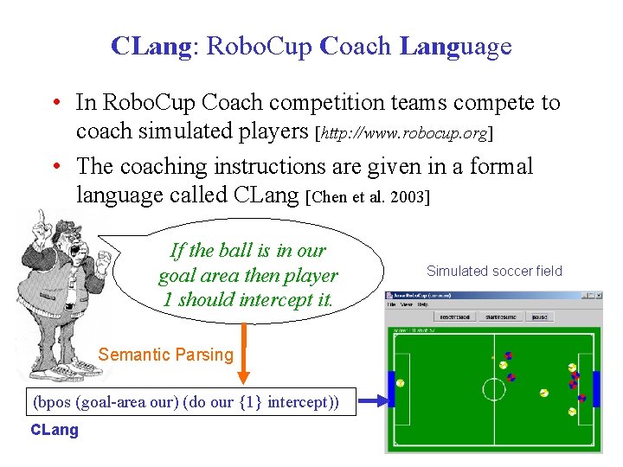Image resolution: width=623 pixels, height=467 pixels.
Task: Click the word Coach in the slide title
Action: point(356,46)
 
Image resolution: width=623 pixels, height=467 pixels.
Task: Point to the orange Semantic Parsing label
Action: point(166,354)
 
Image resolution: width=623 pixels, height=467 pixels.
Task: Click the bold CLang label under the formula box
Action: point(55,430)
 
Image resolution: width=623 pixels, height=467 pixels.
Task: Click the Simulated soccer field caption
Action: point(494,271)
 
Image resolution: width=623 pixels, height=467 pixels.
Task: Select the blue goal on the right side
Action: point(595,388)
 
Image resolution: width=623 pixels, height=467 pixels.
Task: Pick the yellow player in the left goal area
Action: point(401,383)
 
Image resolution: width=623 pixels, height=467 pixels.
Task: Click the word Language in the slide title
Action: point(456,46)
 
